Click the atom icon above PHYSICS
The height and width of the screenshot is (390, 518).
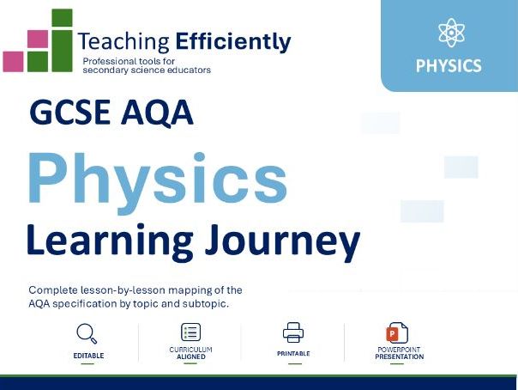pyautogui.click(x=451, y=33)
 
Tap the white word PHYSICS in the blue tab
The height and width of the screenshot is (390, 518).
pyautogui.click(x=449, y=65)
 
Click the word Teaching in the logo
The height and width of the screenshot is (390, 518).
pyautogui.click(x=123, y=42)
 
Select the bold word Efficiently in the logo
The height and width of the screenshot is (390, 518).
pyautogui.click(x=233, y=42)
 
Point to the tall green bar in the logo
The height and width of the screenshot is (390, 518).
pyautogui.click(x=62, y=51)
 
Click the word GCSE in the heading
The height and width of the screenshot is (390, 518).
pyautogui.click(x=69, y=112)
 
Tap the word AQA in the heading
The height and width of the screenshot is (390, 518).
pyautogui.click(x=157, y=113)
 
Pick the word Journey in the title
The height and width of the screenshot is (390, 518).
pyautogui.click(x=282, y=243)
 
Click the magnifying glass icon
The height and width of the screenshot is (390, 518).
pyautogui.click(x=87, y=333)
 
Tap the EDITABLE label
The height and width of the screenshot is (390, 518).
pyautogui.click(x=88, y=356)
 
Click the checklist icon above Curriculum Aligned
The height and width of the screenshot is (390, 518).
pyautogui.click(x=191, y=332)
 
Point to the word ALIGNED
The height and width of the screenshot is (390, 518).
pyautogui.click(x=191, y=356)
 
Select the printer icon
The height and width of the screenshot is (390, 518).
pyautogui.click(x=293, y=332)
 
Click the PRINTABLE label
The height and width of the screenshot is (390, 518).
pyautogui.click(x=293, y=354)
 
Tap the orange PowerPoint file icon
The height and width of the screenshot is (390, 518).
pyautogui.click(x=397, y=332)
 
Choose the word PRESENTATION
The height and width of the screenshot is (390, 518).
pyautogui.click(x=400, y=356)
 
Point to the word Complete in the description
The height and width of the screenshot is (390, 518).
pyautogui.click(x=53, y=290)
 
